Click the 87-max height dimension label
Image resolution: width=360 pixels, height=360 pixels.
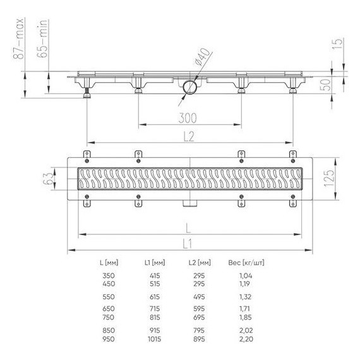18,39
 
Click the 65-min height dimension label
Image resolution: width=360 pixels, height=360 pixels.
42,39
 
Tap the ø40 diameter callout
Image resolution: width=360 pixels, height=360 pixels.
202,57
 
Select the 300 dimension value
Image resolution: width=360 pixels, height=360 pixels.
188,118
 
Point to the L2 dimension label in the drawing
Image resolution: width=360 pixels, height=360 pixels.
189,136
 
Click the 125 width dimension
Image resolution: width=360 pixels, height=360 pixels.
330,178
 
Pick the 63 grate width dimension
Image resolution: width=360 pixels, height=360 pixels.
48,179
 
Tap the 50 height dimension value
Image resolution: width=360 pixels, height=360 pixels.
326,85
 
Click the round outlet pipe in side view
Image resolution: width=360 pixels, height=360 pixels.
189,87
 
